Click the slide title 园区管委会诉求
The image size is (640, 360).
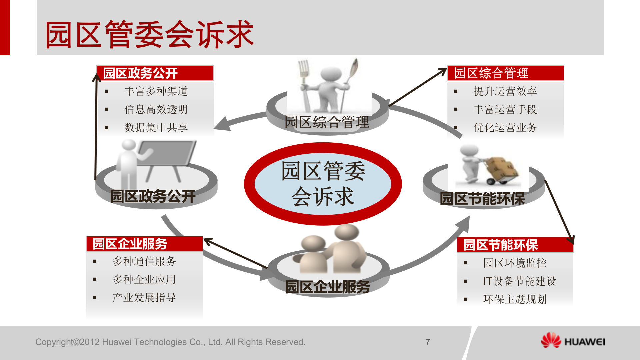149,34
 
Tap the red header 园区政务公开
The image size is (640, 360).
140,73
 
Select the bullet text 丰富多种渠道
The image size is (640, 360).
156,91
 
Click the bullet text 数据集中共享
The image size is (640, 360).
156,127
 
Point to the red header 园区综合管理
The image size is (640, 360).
491,73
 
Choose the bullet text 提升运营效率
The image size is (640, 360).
505,91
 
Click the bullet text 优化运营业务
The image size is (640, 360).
505,127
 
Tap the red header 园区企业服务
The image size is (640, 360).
130,244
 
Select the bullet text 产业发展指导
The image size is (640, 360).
144,297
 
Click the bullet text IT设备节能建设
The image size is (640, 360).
519,281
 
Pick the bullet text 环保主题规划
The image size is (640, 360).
515,299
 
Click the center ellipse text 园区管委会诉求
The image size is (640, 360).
323,184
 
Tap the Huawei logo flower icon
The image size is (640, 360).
551,340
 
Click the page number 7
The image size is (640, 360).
428,342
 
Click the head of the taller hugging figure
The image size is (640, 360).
347,232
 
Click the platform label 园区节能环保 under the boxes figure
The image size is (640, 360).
482,199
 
